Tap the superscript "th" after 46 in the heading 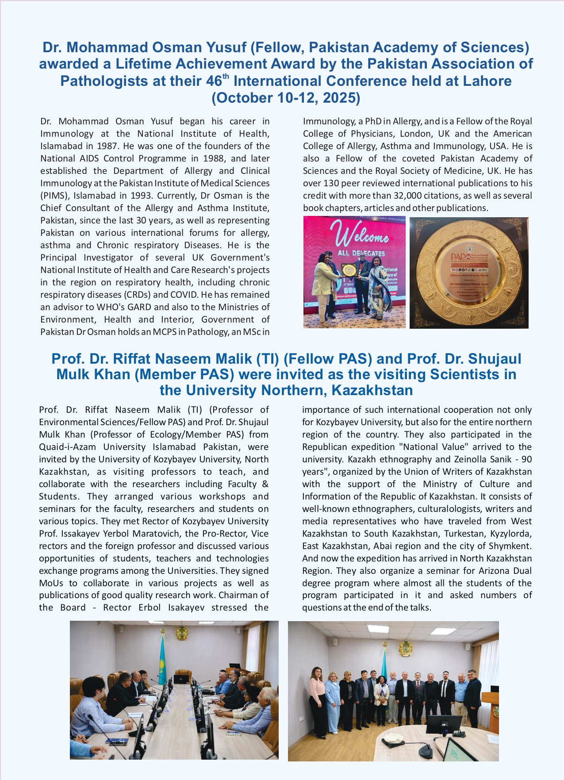tap(226, 77)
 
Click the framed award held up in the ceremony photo tap(348, 269)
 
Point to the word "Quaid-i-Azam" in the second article tap(68, 447)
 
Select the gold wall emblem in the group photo tap(404, 648)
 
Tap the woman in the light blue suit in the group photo tap(332, 699)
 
